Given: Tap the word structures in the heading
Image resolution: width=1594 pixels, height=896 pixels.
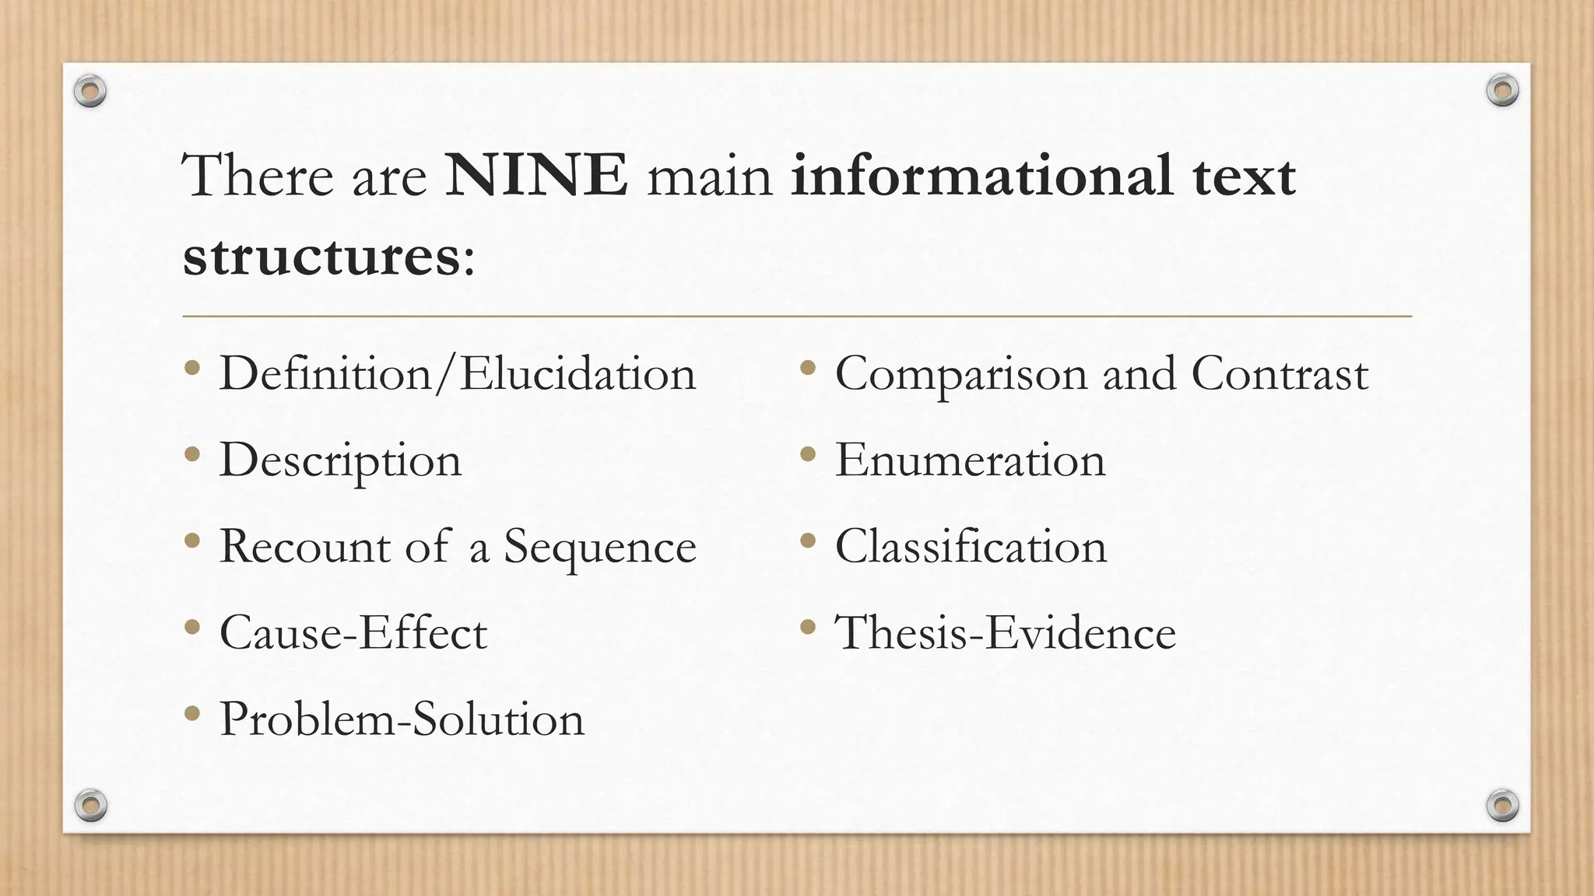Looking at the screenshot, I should point(321,257).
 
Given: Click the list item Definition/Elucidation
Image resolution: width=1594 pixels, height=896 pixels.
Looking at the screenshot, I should point(457,374).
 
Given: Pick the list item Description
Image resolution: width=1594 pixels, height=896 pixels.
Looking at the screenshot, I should point(340,460).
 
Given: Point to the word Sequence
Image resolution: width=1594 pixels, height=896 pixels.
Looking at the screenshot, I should point(599,547).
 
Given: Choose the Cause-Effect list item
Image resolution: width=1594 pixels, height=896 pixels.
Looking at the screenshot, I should point(353,632).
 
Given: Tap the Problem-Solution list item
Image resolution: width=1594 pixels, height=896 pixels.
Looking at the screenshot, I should point(402,719).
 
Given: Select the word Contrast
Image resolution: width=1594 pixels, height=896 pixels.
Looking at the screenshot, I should point(1280,374).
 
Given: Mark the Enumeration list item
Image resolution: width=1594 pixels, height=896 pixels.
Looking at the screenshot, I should point(970,460).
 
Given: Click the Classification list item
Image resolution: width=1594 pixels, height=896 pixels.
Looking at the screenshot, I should point(971,547).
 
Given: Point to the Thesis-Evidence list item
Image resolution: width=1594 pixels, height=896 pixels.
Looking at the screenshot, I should point(1005,632).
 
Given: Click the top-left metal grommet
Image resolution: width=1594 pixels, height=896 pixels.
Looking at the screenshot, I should point(90,92).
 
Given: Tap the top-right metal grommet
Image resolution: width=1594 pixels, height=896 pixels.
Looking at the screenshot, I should point(1502,91).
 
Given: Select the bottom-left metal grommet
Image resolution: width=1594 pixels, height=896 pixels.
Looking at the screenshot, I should point(90,805).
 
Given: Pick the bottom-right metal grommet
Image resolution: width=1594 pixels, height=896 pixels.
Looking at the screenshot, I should point(1502,805).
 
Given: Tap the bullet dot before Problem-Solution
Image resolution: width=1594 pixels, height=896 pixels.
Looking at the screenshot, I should point(192,711).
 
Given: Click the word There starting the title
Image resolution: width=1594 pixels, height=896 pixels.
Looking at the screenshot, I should point(257,176).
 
